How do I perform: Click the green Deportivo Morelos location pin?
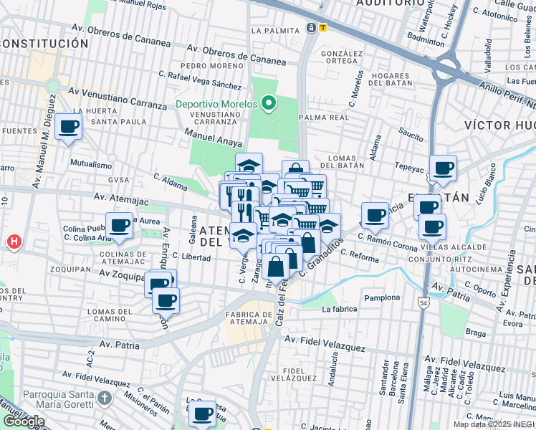pyautogui.click(x=269, y=105)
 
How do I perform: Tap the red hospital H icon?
pyautogui.click(x=13, y=242)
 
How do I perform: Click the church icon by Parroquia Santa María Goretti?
pyautogui.click(x=105, y=397)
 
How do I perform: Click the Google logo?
pyautogui.click(x=24, y=421)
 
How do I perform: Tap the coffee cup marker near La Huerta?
pyautogui.click(x=69, y=127)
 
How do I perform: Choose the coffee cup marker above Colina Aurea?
pyautogui.click(x=120, y=226)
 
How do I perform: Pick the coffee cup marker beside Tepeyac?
pyautogui.click(x=443, y=168)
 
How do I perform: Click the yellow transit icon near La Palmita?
pyautogui.click(x=323, y=28)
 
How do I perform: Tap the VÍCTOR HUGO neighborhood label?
pyautogui.click(x=499, y=125)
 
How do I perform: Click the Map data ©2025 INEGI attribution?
pyautogui.click(x=493, y=424)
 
